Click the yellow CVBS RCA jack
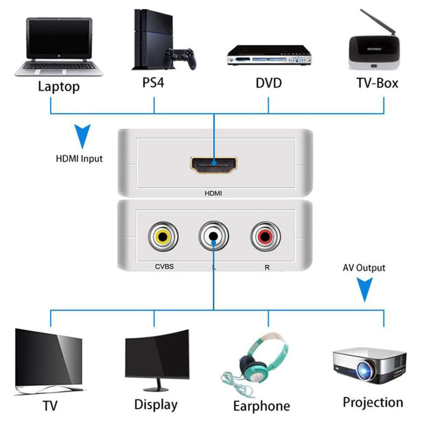click(x=163, y=237)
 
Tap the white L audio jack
click(x=214, y=237)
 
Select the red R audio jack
click(x=266, y=237)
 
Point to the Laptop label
click(x=59, y=86)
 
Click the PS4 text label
click(x=153, y=83)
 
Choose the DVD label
click(x=268, y=83)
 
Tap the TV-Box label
click(x=377, y=83)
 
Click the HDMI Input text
click(x=79, y=159)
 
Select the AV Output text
click(x=364, y=268)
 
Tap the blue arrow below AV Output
click(x=365, y=291)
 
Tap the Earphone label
click(x=262, y=406)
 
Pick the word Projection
click(x=372, y=402)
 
